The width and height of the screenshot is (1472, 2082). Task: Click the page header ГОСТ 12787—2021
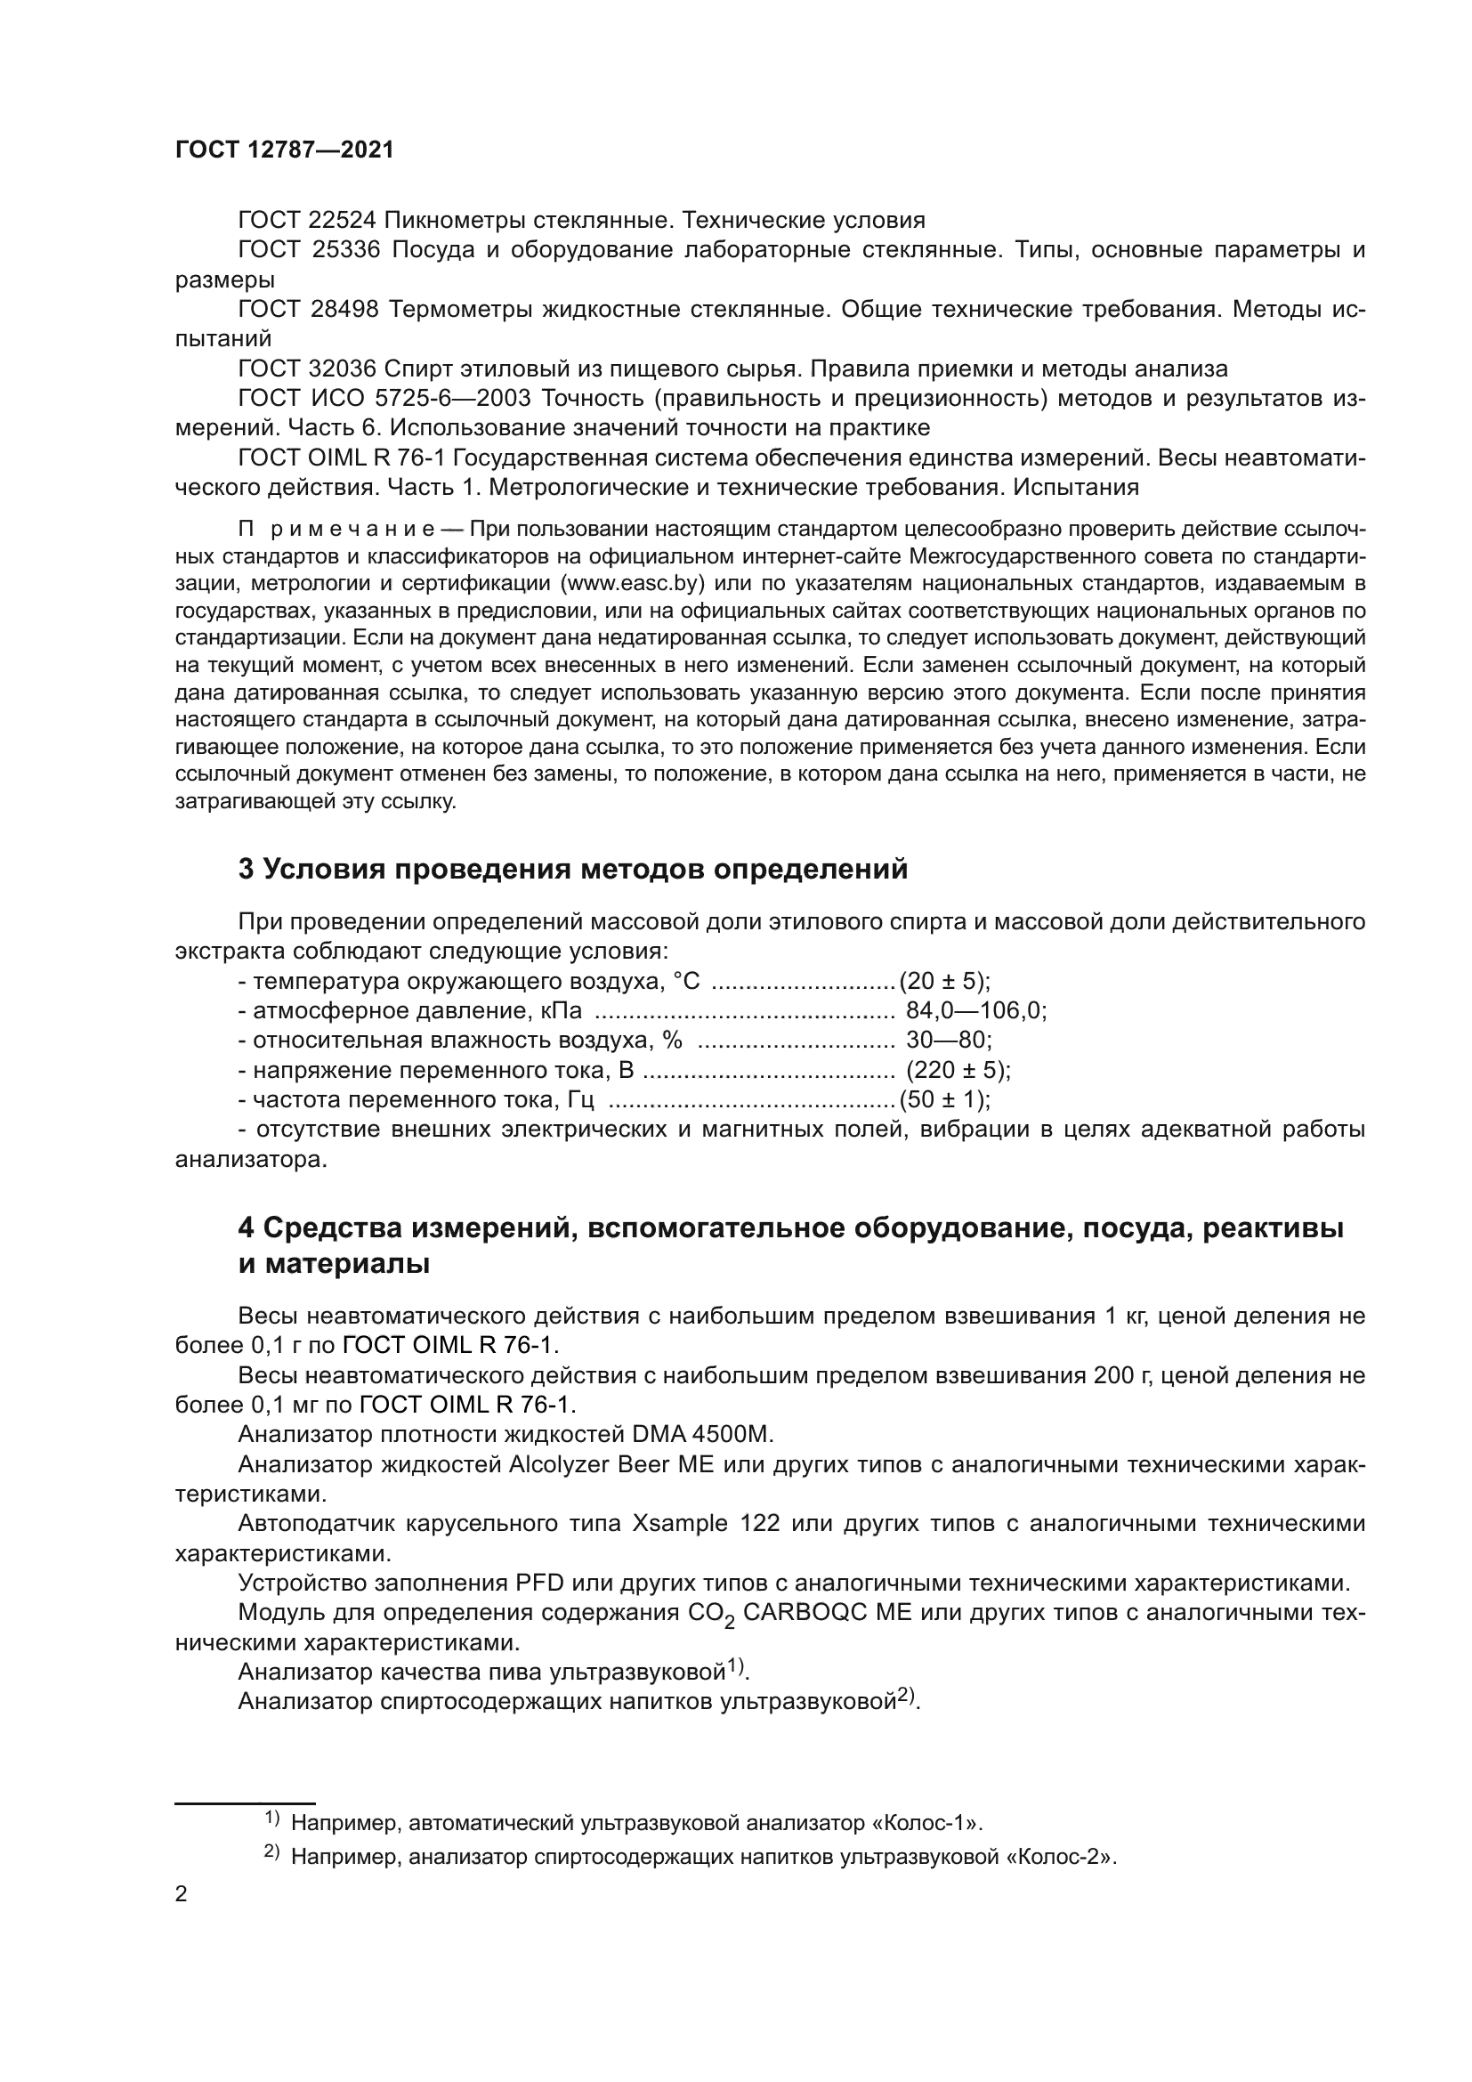click(285, 150)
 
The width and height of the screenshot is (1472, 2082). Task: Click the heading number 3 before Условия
click(246, 870)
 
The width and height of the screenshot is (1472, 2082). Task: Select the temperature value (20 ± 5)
click(944, 981)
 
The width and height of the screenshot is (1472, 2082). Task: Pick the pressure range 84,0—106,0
click(976, 1011)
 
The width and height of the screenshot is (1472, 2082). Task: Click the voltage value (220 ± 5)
click(958, 1070)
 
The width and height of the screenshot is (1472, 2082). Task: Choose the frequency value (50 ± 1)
click(944, 1100)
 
